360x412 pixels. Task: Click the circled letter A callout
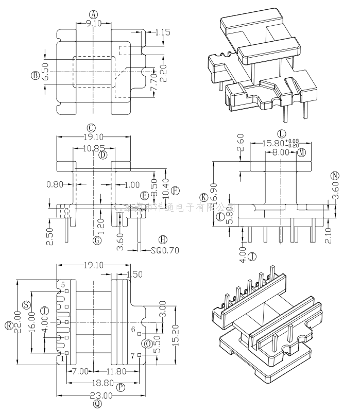click(93, 14)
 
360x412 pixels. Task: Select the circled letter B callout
click(35, 76)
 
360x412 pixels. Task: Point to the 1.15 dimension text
click(163, 32)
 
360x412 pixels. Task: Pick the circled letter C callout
click(91, 128)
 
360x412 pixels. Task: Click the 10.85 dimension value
click(92, 148)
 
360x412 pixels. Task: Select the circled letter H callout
click(163, 240)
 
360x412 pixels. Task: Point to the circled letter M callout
click(301, 152)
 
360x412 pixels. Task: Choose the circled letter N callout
click(335, 176)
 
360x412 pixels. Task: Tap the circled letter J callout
click(252, 256)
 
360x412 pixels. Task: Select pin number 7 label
click(133, 355)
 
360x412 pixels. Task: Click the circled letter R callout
click(9, 325)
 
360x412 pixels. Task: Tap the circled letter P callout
click(121, 387)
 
